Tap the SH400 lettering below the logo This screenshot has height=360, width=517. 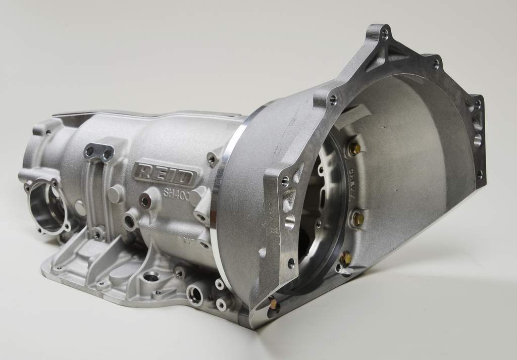(x=176, y=194)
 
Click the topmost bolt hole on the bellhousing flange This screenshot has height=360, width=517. (x=385, y=35)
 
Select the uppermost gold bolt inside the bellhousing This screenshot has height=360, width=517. (x=354, y=148)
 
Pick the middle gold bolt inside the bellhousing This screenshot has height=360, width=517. (x=357, y=219)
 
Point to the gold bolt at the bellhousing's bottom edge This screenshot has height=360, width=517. (x=273, y=304)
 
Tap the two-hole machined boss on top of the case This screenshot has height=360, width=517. (x=99, y=151)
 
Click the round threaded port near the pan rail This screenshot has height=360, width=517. (x=194, y=294)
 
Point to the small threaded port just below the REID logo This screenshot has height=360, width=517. (x=145, y=201)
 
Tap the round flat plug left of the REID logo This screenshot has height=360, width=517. (x=115, y=193)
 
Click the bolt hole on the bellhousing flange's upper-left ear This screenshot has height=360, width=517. (x=333, y=100)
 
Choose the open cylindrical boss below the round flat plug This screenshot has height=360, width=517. (x=130, y=221)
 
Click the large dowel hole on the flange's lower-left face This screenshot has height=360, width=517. (x=289, y=221)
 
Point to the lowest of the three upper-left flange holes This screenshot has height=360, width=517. (x=291, y=263)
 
